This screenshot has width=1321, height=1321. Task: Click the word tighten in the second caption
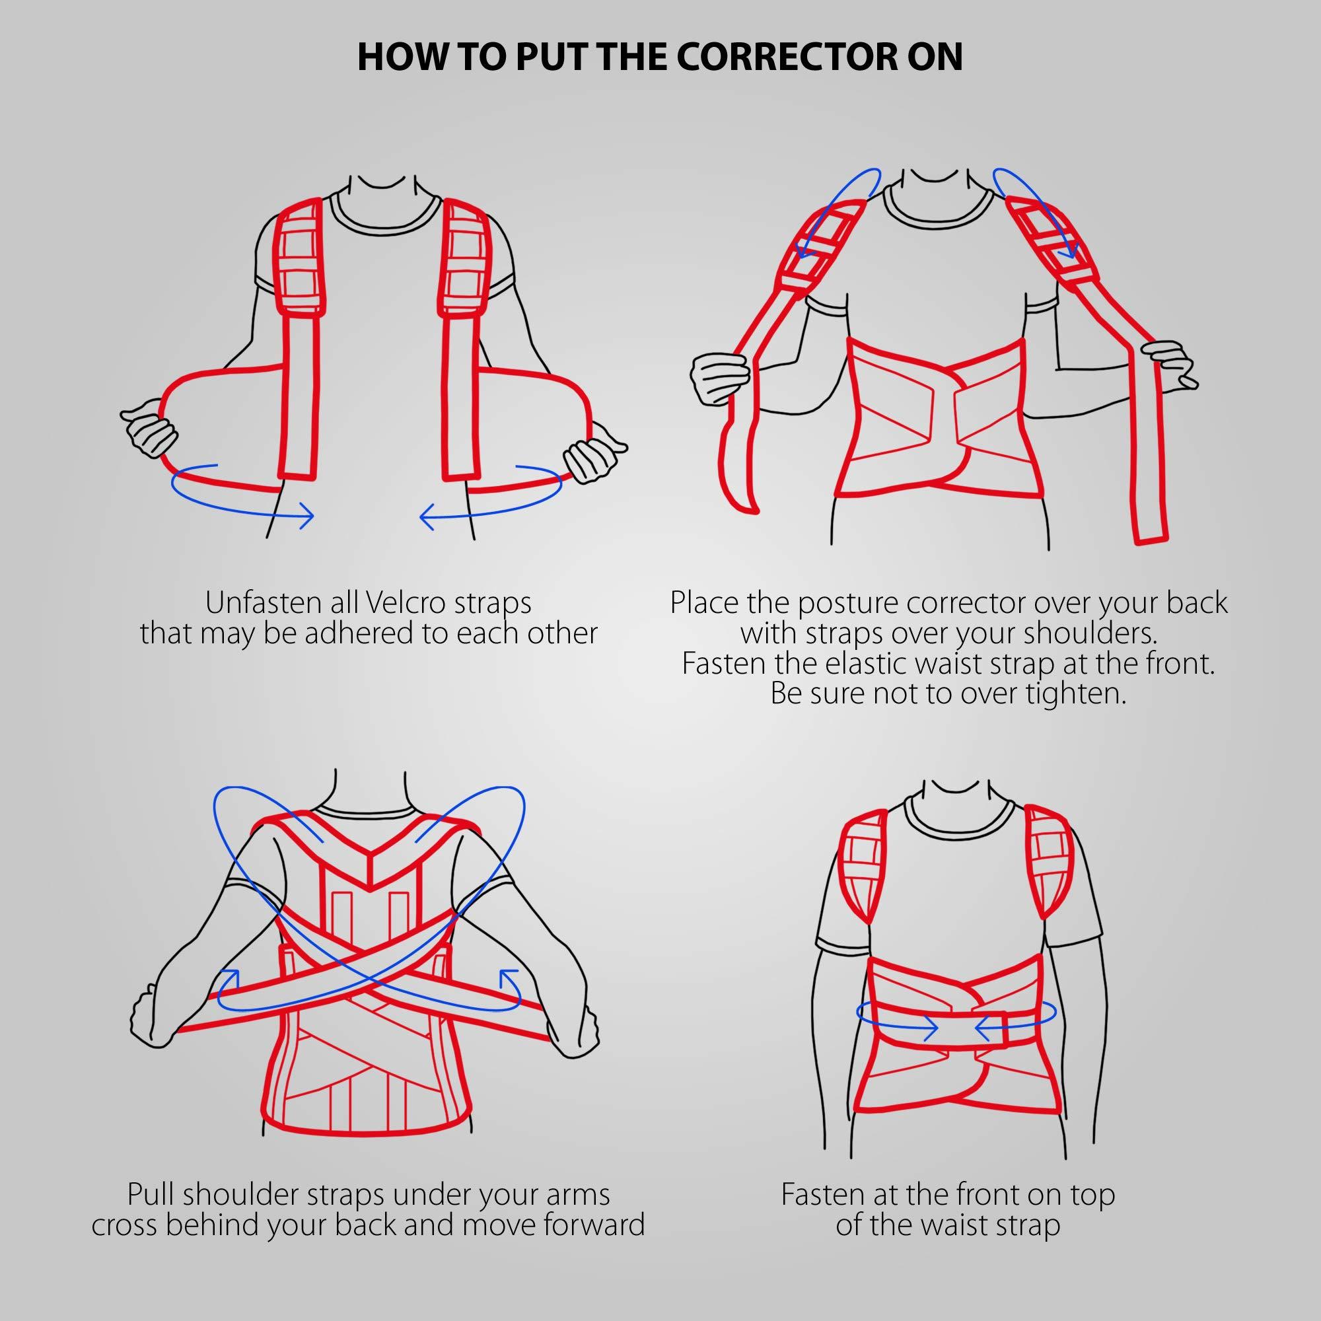coord(1075,694)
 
